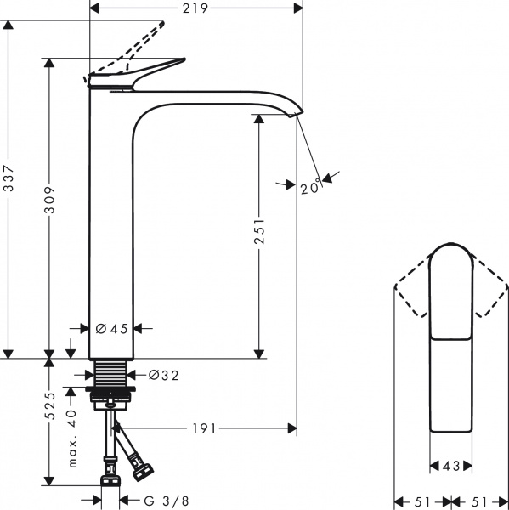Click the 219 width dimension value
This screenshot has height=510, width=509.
[x=196, y=8]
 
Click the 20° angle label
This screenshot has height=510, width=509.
[x=310, y=188]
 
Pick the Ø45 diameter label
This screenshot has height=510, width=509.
[x=111, y=328]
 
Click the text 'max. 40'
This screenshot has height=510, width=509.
[x=71, y=438]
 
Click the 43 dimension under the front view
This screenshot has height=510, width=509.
[x=450, y=466]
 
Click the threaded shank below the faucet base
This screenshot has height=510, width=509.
[x=110, y=373]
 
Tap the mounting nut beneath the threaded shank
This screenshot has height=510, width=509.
[x=110, y=396]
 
